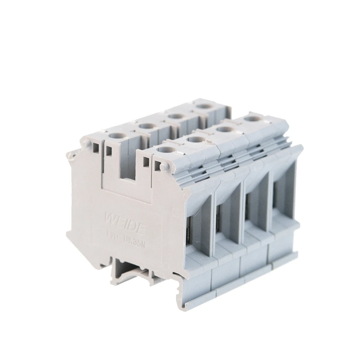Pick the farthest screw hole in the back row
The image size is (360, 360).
tap(204, 107)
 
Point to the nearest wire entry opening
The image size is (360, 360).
tap(197, 230)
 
